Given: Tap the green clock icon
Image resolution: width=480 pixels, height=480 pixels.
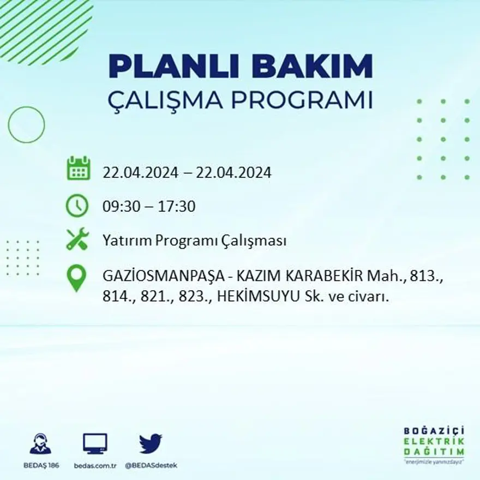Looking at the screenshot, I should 77,206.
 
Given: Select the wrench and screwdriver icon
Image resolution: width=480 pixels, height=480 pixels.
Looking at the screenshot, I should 77,239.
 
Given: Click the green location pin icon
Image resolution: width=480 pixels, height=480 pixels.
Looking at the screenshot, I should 76,278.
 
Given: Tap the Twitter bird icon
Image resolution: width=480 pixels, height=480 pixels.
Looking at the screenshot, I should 151,443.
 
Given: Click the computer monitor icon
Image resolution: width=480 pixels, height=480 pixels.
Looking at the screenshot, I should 95,443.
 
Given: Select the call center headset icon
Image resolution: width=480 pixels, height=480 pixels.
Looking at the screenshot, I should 40,444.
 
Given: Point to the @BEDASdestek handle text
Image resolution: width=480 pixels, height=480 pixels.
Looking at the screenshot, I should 151,465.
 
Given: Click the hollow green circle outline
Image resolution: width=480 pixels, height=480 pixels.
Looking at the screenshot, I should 26,125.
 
